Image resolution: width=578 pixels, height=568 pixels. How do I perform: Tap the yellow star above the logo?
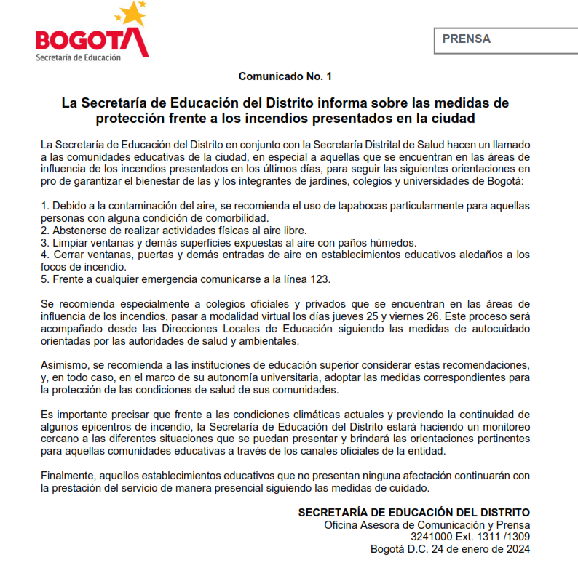pyautogui.click(x=130, y=13)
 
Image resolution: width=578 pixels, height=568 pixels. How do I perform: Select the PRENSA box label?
pyautogui.click(x=466, y=39)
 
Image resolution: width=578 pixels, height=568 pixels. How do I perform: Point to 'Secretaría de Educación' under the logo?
pyautogui.click(x=78, y=57)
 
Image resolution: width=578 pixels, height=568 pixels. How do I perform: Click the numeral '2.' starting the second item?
pyautogui.click(x=46, y=231)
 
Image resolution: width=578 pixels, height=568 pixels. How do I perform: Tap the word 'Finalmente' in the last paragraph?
pyautogui.click(x=69, y=475)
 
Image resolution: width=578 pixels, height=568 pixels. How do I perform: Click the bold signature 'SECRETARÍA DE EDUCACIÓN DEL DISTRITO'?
pyautogui.click(x=414, y=513)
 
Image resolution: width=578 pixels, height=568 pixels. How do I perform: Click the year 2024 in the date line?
pyautogui.click(x=516, y=549)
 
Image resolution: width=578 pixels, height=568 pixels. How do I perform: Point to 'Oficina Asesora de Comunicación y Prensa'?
pyautogui.click(x=427, y=525)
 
